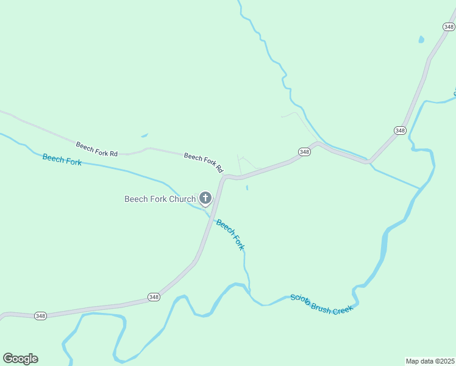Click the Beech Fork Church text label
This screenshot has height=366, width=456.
[x=160, y=199]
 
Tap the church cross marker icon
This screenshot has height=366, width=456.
[x=205, y=198]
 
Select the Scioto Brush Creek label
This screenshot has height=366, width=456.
[x=321, y=303]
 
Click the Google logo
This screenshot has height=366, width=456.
[x=20, y=359]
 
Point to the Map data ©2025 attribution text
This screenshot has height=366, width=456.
[x=430, y=361]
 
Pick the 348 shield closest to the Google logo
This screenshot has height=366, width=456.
[x=40, y=315]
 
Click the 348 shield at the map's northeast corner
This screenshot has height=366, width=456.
[x=449, y=26]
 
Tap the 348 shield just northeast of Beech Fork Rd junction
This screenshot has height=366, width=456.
[x=305, y=151]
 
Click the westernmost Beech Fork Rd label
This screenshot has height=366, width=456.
[x=96, y=149]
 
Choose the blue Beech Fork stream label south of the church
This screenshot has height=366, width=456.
[x=230, y=235]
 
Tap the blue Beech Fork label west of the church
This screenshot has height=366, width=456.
[x=62, y=160]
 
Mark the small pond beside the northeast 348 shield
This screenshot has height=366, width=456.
[x=421, y=40]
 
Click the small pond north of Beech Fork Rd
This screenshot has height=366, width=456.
[x=144, y=135]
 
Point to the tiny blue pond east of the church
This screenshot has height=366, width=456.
[x=247, y=188]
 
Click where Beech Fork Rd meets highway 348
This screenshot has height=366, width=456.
[x=224, y=177]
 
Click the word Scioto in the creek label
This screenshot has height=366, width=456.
[x=300, y=299]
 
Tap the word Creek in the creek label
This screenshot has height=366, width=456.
[x=343, y=309]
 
